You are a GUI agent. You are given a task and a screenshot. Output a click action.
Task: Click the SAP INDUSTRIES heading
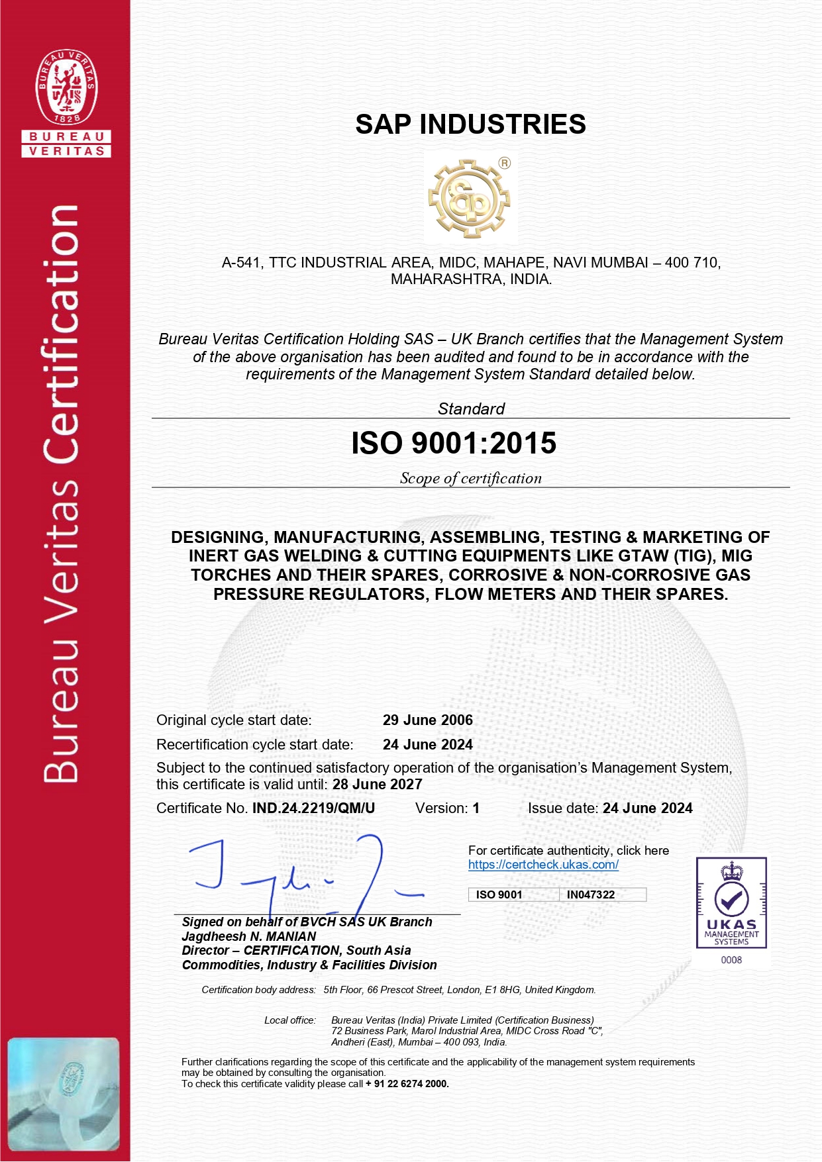point(470,124)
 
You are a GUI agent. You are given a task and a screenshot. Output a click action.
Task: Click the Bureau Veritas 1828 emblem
point(66,87)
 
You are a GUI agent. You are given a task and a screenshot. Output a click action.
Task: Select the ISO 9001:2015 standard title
point(454,443)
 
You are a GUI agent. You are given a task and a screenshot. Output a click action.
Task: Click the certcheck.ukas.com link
point(543,865)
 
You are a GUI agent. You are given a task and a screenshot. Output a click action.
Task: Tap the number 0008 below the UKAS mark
point(731,960)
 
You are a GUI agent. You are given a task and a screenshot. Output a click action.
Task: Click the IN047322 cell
point(591,895)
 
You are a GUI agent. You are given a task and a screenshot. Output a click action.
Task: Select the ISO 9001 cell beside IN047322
point(499,895)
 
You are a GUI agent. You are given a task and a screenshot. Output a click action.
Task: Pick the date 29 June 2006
point(428,720)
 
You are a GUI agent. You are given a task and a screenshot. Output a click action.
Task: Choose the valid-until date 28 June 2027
point(378,785)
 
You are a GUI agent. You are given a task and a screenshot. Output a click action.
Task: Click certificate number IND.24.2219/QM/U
point(313,808)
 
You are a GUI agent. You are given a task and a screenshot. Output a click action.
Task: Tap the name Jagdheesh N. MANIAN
point(249,936)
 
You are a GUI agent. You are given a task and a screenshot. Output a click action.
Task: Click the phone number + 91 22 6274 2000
point(407,1084)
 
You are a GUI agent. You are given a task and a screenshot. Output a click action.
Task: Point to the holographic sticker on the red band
point(64,1094)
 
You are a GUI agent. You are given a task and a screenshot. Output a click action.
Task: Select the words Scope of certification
point(470,478)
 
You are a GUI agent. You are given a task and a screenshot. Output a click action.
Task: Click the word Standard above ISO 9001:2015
point(471,409)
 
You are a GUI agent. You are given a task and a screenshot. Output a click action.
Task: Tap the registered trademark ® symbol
point(505,163)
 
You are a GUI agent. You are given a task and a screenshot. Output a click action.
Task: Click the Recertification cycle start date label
point(255,745)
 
